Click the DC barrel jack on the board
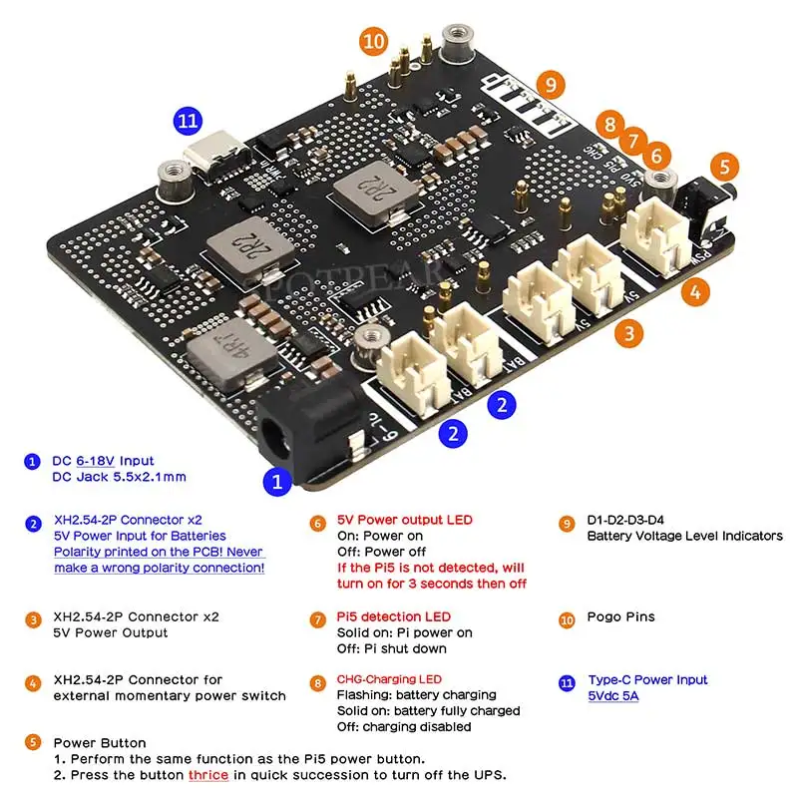click(299, 424)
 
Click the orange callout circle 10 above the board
click(374, 41)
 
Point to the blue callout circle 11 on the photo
click(188, 122)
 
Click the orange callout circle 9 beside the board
click(550, 84)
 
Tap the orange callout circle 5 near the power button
click(725, 168)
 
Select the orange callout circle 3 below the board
click(627, 333)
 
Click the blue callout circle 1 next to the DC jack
click(276, 482)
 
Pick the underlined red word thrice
click(208, 775)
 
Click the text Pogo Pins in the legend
click(621, 617)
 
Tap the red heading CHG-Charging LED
click(389, 679)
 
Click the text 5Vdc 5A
click(613, 695)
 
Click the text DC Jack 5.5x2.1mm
click(119, 477)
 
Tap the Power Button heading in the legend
click(100, 743)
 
